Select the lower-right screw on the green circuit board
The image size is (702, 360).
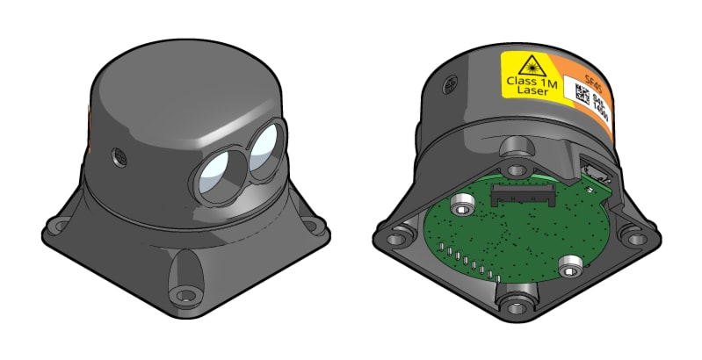click(571, 263)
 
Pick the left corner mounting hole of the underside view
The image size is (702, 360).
click(402, 238)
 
